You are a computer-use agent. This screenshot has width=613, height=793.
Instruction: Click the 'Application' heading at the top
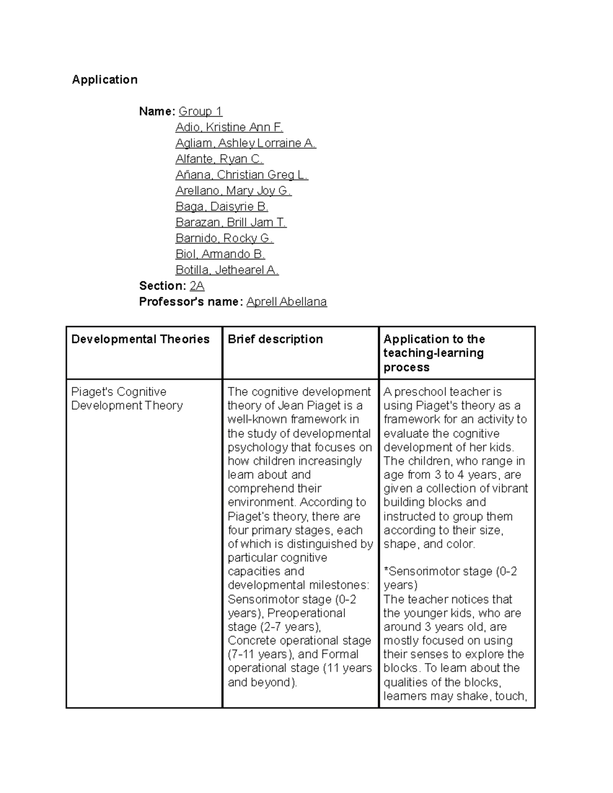105,80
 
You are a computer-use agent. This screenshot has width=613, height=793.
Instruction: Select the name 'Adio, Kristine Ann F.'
229,127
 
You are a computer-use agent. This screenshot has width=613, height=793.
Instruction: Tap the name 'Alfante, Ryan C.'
219,159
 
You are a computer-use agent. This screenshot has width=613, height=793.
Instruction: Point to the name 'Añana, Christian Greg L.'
242,175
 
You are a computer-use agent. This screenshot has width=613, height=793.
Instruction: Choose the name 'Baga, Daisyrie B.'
222,206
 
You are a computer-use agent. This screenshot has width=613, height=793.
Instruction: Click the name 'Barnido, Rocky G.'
224,238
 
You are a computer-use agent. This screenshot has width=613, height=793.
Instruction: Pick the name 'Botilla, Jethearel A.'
227,270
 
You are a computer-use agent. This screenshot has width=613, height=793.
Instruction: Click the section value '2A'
197,286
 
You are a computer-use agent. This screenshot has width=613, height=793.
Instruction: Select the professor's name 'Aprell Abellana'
286,302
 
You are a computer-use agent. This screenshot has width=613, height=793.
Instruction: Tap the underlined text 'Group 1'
200,111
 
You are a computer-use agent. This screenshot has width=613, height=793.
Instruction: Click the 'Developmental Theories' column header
140,340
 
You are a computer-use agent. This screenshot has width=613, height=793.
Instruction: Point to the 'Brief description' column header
275,340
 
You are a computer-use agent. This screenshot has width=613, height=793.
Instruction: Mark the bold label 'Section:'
162,286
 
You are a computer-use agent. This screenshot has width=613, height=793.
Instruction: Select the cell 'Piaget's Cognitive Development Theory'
127,399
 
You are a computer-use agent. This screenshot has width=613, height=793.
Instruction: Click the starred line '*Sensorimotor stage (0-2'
450,571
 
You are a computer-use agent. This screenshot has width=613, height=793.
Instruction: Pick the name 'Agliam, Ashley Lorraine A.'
246,143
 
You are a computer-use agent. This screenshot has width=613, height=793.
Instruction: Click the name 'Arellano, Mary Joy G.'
233,190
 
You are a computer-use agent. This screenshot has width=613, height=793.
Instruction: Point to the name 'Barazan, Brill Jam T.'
231,222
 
